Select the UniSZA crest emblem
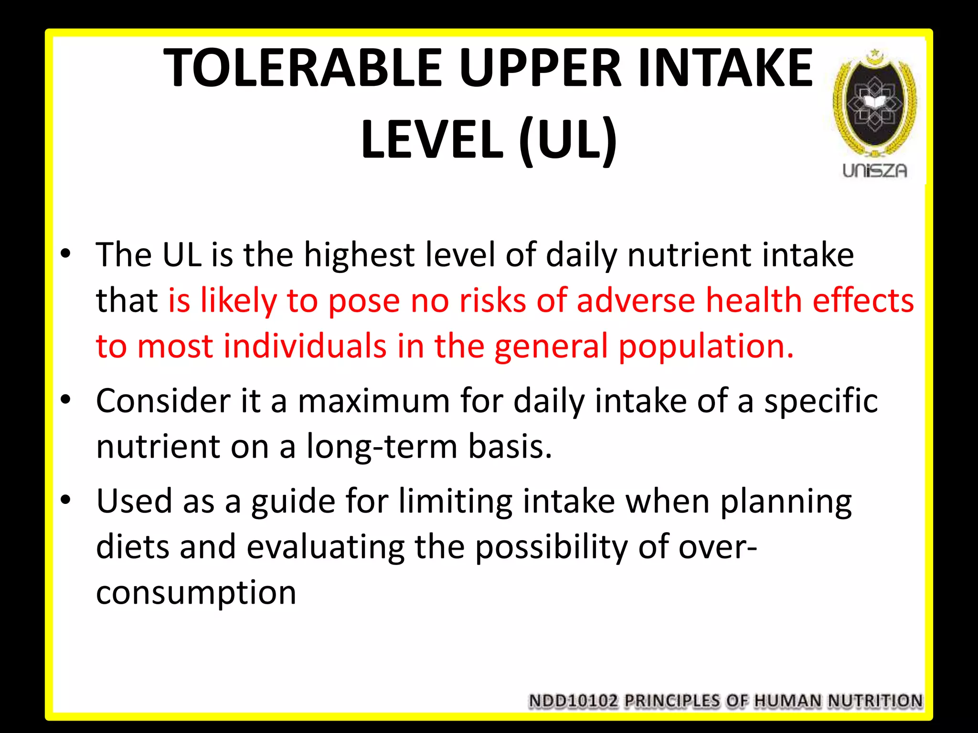point(875,103)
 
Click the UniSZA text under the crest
point(875,171)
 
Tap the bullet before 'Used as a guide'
point(66,500)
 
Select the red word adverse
point(636,301)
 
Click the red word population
point(706,347)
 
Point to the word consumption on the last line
point(196,593)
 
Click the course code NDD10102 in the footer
point(573,701)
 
